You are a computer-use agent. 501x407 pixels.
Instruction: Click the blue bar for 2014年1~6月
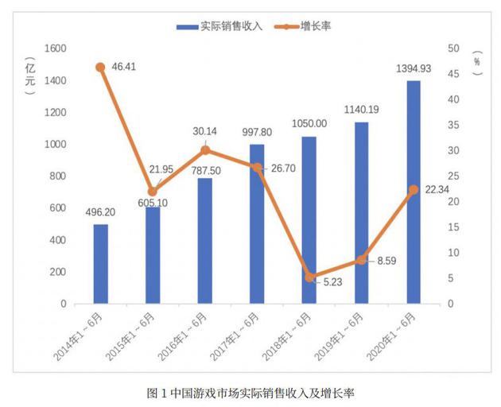100,264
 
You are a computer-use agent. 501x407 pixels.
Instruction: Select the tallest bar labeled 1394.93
414,192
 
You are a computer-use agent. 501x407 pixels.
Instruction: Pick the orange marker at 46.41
100,68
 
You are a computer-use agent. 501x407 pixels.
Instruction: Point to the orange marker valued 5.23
309,277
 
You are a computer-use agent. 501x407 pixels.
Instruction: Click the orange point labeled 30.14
205,150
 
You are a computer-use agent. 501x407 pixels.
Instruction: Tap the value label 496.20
100,212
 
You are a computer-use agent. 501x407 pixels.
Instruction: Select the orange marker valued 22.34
414,190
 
